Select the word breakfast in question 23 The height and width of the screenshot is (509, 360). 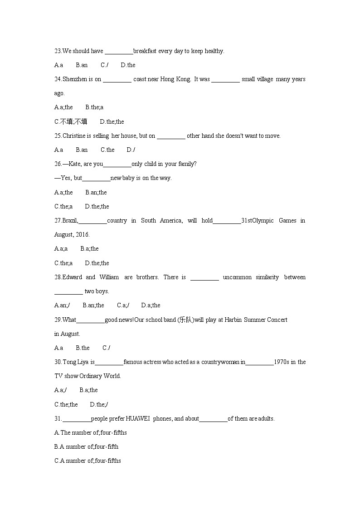pyautogui.click(x=145, y=51)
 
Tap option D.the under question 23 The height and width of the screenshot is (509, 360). pyautogui.click(x=128, y=65)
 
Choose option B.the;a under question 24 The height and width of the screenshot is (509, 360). pyautogui.click(x=94, y=107)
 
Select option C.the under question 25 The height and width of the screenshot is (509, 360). pyautogui.click(x=107, y=150)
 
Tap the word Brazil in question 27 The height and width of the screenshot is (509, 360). pyautogui.click(x=70, y=221)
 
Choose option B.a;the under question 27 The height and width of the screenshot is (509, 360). pyautogui.click(x=89, y=249)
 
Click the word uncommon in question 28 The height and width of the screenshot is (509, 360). pyautogui.click(x=237, y=277)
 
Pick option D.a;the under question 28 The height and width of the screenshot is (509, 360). pyautogui.click(x=151, y=305)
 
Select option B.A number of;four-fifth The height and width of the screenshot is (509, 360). pyautogui.click(x=86, y=447)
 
